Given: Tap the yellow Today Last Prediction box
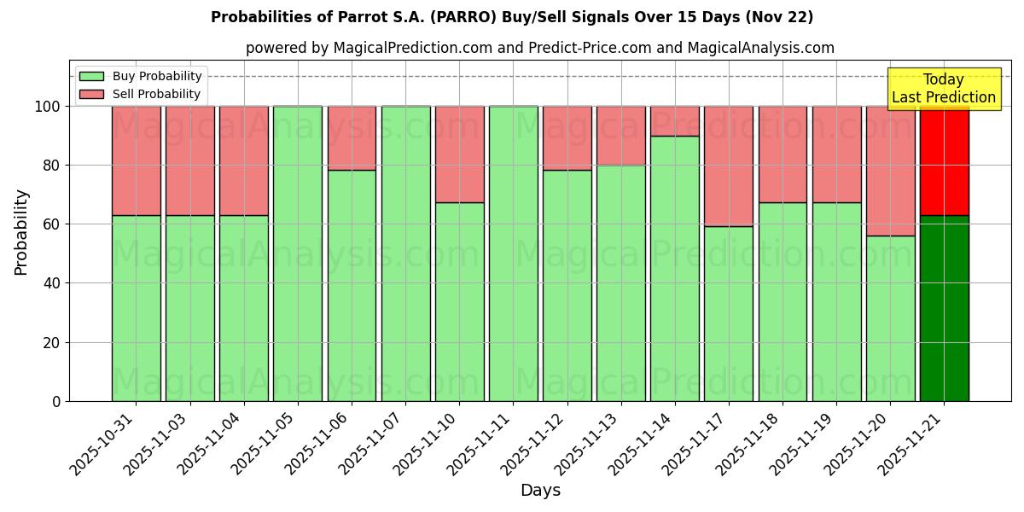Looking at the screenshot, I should click(x=943, y=89).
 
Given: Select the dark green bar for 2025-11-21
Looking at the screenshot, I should click(x=944, y=308).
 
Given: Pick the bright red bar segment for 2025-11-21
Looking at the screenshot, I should click(x=944, y=160).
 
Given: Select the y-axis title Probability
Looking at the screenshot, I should click(x=21, y=232).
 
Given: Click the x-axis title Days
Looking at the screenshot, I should click(x=540, y=491).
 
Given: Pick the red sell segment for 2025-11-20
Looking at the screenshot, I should click(x=890, y=171).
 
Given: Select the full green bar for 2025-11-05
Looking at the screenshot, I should click(x=298, y=253).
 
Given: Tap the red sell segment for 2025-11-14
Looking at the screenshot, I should click(x=675, y=121).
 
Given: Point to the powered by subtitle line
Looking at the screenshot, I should click(x=539, y=48).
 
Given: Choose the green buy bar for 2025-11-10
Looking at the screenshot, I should click(x=459, y=301).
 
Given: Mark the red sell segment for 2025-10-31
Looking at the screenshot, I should click(x=136, y=160).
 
